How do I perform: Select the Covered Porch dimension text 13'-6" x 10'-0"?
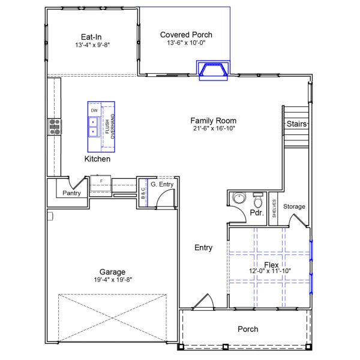186,45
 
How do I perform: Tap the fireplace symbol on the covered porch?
215,71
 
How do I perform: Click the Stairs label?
296,124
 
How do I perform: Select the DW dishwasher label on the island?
94,111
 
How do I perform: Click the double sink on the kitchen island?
94,127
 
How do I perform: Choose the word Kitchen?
97,159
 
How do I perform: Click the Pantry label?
72,193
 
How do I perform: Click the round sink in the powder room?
239,199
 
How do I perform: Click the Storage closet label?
294,206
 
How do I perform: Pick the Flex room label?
272,265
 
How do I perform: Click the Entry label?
203,248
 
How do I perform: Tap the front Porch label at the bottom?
248,329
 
